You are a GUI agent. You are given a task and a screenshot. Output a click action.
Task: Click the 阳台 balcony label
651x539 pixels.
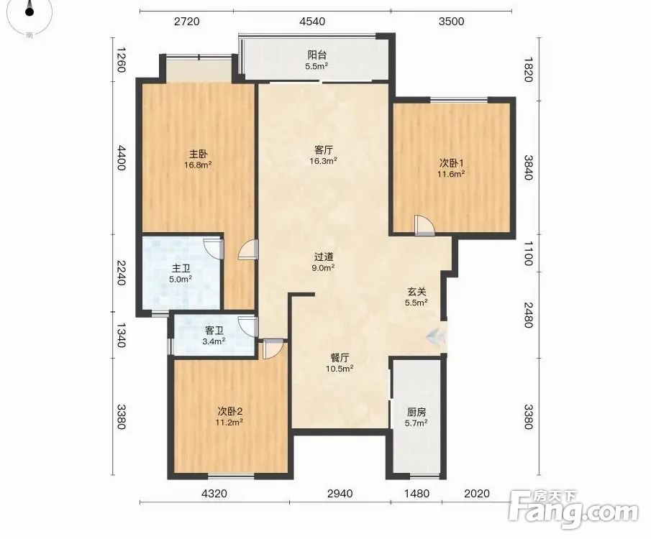click(x=317, y=55)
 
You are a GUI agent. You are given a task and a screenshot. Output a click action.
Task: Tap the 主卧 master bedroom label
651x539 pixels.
click(x=198, y=155)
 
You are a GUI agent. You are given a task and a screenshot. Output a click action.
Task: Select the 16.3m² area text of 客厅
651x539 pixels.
click(x=323, y=161)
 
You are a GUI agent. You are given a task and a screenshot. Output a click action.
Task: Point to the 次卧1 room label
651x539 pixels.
click(x=451, y=163)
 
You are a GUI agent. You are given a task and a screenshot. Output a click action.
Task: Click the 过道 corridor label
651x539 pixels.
click(x=324, y=257)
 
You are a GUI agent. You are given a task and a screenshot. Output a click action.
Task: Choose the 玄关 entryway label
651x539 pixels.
click(x=416, y=292)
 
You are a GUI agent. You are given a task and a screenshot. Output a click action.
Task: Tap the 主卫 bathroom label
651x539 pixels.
click(x=181, y=269)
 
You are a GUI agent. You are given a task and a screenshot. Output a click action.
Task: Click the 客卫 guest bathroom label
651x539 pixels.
click(x=214, y=331)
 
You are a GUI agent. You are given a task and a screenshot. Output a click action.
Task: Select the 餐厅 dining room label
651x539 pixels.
click(x=340, y=358)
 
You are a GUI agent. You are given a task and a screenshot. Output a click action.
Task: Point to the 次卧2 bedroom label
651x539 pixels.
click(x=229, y=412)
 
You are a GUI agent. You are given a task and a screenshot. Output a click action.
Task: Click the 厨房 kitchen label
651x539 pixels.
click(x=416, y=413)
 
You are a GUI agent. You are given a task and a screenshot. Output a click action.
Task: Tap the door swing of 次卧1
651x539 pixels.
click(x=424, y=226)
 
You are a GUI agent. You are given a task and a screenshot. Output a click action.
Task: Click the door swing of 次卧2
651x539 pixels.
click(x=273, y=349)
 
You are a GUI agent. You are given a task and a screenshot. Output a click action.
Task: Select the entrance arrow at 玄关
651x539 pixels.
click(x=434, y=335)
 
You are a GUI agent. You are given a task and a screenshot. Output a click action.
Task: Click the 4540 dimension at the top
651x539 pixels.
click(x=312, y=22)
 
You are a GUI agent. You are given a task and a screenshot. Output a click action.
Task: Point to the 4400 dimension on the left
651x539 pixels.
click(x=120, y=157)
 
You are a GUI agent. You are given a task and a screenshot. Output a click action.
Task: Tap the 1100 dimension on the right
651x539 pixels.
click(x=528, y=254)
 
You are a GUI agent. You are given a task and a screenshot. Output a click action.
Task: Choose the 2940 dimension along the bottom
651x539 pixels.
click(x=340, y=493)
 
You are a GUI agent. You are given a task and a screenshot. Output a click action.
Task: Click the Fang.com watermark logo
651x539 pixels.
click(x=573, y=510)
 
